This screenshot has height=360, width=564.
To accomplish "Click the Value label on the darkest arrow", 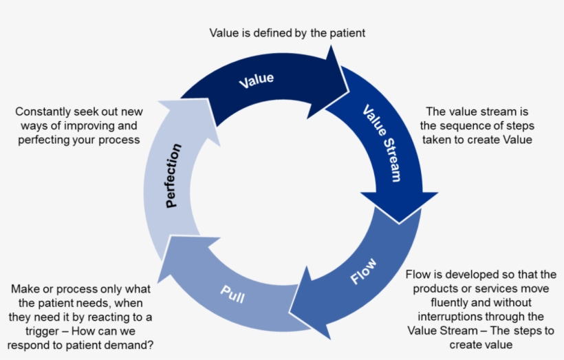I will pyautogui.click(x=256, y=80).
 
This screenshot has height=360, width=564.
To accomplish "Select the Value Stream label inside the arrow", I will pyautogui.click(x=381, y=144).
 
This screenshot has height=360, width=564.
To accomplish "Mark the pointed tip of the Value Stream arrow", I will pyautogui.click(x=400, y=222).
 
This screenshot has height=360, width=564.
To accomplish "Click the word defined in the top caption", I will pyautogui.click(x=282, y=32).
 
